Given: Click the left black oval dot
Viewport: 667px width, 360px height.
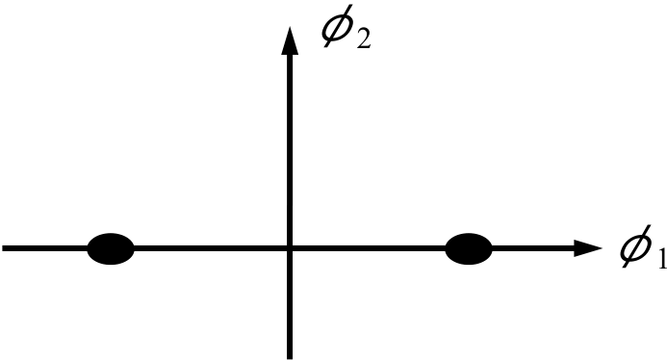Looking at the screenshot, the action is click(111, 249).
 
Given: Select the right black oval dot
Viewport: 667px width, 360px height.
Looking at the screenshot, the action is click(469, 249).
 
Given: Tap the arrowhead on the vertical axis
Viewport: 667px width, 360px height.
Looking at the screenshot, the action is click(290, 40).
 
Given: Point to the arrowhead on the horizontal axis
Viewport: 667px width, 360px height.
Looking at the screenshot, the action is click(588, 248).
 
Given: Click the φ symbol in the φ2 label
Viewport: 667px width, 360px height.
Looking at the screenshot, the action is click(337, 26).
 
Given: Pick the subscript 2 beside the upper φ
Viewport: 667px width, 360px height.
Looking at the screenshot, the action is click(363, 39).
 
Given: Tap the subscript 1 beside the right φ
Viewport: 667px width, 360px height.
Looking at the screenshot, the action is click(662, 260).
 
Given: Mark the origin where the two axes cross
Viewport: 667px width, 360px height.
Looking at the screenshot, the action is click(290, 248).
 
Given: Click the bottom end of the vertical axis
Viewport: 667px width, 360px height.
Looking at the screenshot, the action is click(290, 359).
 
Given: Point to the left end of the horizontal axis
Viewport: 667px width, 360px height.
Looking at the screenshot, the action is click(3, 248).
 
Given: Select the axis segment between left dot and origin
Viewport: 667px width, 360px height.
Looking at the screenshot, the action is click(211, 248).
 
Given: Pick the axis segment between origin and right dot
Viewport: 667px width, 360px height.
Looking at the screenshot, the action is click(369, 248).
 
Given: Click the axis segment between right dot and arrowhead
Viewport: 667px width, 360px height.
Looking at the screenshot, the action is click(533, 248).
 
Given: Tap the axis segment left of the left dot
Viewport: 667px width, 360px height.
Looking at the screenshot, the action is click(44, 248).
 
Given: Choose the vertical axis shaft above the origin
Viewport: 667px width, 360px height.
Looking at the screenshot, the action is click(290, 150).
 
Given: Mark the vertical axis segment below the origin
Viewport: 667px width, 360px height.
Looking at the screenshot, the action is click(290, 305).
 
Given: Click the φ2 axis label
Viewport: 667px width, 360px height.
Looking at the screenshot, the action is click(346, 26).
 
